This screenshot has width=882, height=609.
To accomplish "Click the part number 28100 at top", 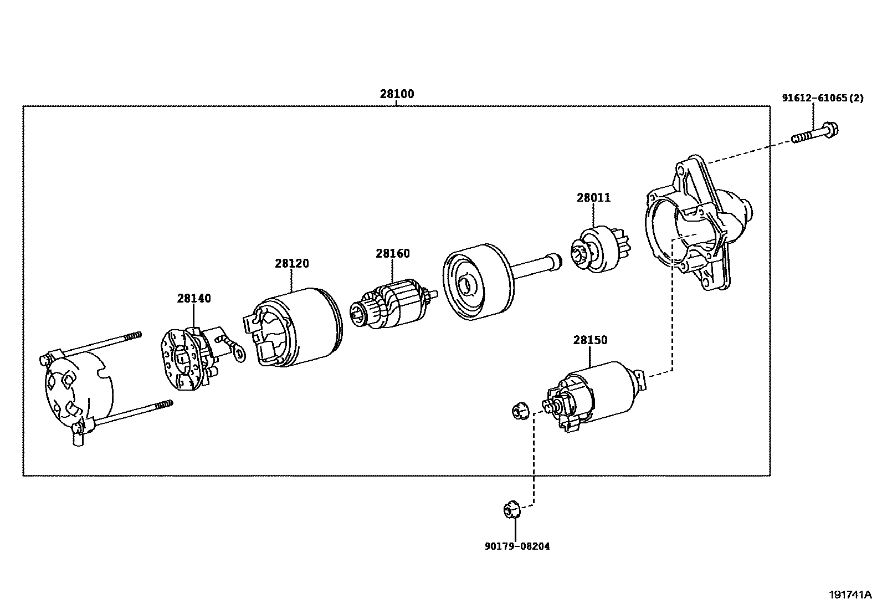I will point(397,94).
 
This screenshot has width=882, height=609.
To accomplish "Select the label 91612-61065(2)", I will point(822,99).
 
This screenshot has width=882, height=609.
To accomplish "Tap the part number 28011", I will point(593,198).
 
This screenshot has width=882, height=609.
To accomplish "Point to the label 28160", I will point(392,254).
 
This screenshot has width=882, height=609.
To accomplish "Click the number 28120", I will point(291,264).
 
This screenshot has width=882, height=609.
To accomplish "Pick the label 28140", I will point(194,299).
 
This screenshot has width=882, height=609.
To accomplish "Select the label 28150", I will point(590,340).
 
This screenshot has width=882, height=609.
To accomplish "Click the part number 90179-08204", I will point(517,546).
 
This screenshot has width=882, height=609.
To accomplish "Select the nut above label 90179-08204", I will point(511,509).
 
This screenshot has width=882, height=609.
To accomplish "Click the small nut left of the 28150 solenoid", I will point(519,411).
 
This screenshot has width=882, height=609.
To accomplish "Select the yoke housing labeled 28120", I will point(294,328).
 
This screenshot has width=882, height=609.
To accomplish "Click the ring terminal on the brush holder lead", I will point(239,353).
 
